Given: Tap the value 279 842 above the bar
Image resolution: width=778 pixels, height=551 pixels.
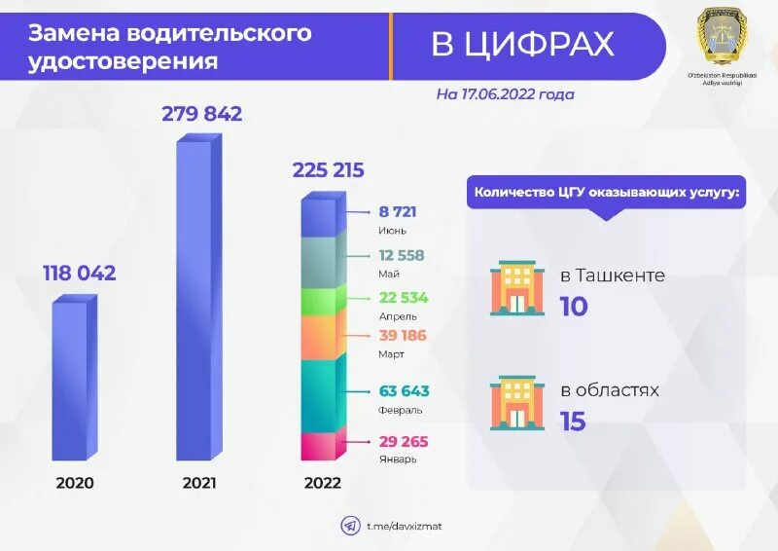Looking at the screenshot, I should pyautogui.click(x=201, y=114).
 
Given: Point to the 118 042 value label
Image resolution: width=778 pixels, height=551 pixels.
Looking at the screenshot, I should pyautogui.click(x=79, y=274).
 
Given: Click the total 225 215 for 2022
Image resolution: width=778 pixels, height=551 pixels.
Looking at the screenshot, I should pyautogui.click(x=328, y=171).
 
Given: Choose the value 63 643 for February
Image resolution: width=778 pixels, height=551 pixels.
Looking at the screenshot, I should pyautogui.click(x=404, y=391).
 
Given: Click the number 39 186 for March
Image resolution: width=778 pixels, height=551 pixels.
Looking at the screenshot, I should pyautogui.click(x=403, y=336).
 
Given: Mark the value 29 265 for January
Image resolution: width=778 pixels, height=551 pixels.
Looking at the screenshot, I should pyautogui.click(x=404, y=441).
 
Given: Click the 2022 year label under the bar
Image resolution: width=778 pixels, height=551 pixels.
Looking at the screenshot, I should pyautogui.click(x=322, y=482).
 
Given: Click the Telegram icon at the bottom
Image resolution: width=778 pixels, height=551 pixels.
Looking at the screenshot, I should pyautogui.click(x=349, y=526).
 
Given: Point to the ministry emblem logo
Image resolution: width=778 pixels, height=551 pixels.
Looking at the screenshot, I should pyautogui.click(x=721, y=39).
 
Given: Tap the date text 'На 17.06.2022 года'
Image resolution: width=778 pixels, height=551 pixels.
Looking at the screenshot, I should pyautogui.click(x=505, y=94).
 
